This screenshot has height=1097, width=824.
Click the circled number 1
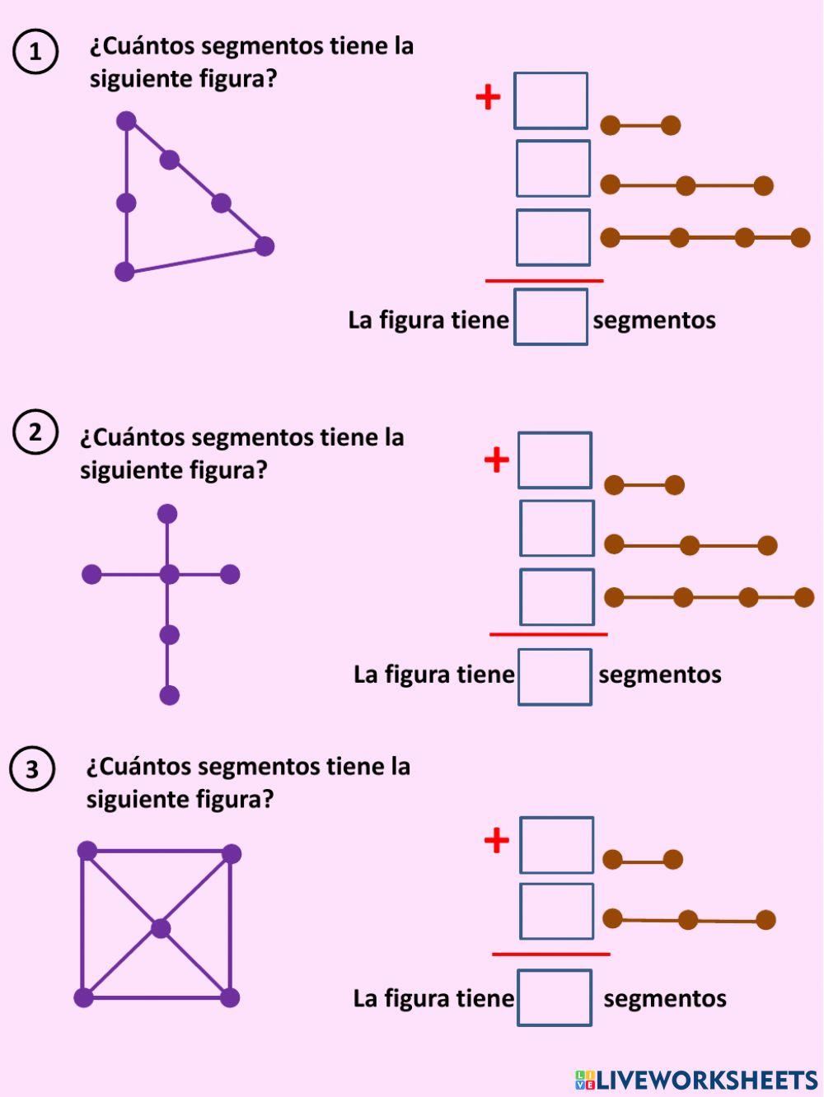pyautogui.click(x=35, y=52)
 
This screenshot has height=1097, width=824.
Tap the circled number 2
pyautogui.click(x=35, y=432)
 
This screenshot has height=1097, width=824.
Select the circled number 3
pyautogui.click(x=31, y=769)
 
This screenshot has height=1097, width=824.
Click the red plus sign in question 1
pyautogui.click(x=488, y=97)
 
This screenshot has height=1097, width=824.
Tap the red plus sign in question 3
pyautogui.click(x=496, y=841)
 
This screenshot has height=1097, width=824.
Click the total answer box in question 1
pyautogui.click(x=550, y=317)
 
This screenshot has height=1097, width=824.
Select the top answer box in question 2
pyautogui.click(x=555, y=460)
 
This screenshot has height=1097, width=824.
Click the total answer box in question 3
pyautogui.click(x=555, y=997)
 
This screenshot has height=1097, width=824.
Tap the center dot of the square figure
pyautogui.click(x=161, y=929)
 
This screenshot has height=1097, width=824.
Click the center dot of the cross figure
pyautogui.click(x=169, y=574)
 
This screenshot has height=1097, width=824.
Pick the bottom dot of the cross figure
pyautogui.click(x=169, y=695)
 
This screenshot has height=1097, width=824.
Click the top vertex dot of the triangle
pyautogui.click(x=126, y=121)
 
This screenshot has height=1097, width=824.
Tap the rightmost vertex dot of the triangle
pyautogui.click(x=264, y=245)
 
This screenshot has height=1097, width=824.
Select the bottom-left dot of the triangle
pyautogui.click(x=124, y=271)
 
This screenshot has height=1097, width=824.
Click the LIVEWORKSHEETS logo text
pyautogui.click(x=696, y=1080)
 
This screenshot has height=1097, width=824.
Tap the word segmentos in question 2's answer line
pyautogui.click(x=659, y=675)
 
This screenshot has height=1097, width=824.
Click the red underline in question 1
pyautogui.click(x=544, y=281)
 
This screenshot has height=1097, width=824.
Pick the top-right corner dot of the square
pyautogui.click(x=232, y=853)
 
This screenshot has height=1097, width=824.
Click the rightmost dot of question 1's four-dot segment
pyautogui.click(x=800, y=238)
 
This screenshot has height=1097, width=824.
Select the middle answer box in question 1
pyautogui.click(x=553, y=169)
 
